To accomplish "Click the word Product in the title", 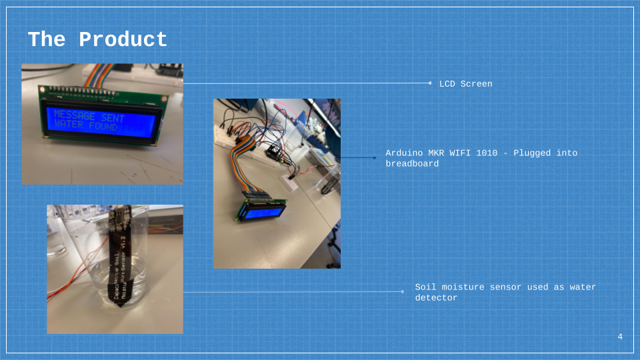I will pyautogui.click(x=123, y=39).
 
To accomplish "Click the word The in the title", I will pyautogui.click(x=46, y=39).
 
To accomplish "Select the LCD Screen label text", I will pyautogui.click(x=465, y=84).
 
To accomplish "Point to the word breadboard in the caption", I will pyautogui.click(x=412, y=164).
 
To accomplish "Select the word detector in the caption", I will pyautogui.click(x=436, y=298).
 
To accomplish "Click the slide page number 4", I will pyautogui.click(x=620, y=337).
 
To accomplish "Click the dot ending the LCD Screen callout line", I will pyautogui.click(x=430, y=83).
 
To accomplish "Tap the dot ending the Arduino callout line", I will pyautogui.click(x=375, y=158).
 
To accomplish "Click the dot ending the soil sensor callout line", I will pyautogui.click(x=403, y=291).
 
